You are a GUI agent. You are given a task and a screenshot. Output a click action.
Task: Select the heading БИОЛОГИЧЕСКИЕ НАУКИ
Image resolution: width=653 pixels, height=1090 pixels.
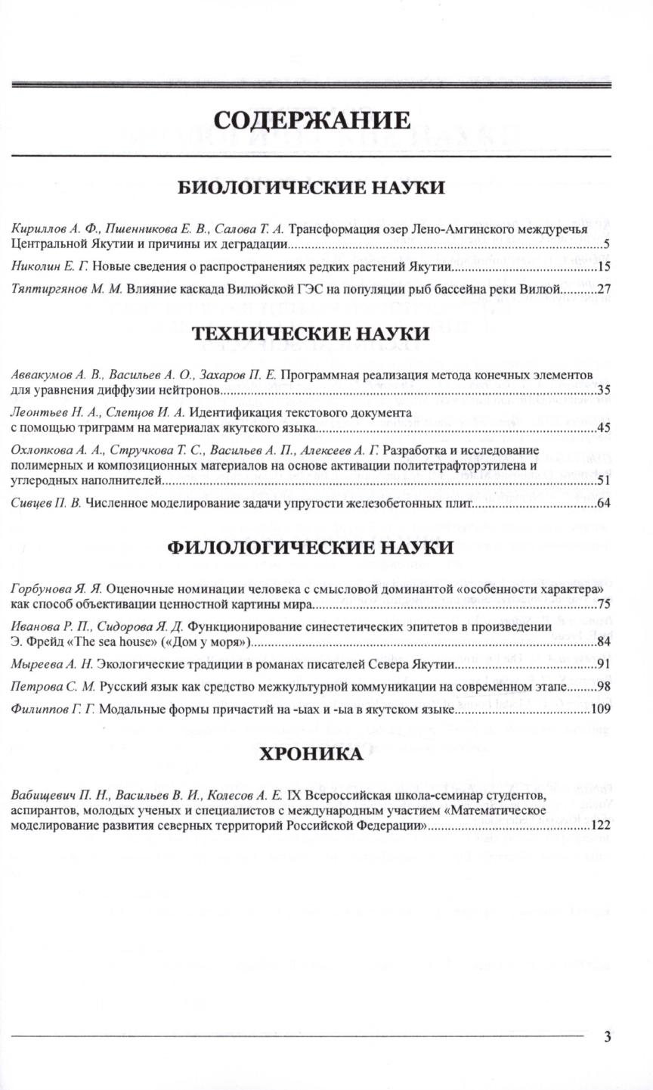click(x=311, y=188)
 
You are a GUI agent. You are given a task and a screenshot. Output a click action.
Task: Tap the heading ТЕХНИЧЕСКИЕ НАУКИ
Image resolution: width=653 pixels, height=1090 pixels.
click(x=311, y=334)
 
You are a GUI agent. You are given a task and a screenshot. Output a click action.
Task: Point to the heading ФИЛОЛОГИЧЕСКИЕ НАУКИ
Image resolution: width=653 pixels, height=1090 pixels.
click(x=311, y=547)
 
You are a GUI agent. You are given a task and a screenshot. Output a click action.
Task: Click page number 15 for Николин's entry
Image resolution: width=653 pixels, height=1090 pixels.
click(x=603, y=267)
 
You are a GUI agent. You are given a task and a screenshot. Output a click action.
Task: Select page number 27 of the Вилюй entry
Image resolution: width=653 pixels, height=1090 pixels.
click(x=603, y=288)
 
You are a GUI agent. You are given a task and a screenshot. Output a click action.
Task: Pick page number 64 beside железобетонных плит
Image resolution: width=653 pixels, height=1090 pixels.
click(x=603, y=502)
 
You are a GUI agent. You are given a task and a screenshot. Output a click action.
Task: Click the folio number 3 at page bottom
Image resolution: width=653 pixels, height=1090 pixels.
click(x=607, y=1036)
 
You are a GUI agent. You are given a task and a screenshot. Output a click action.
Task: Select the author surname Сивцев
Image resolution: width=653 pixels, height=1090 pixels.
click(x=30, y=502)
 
